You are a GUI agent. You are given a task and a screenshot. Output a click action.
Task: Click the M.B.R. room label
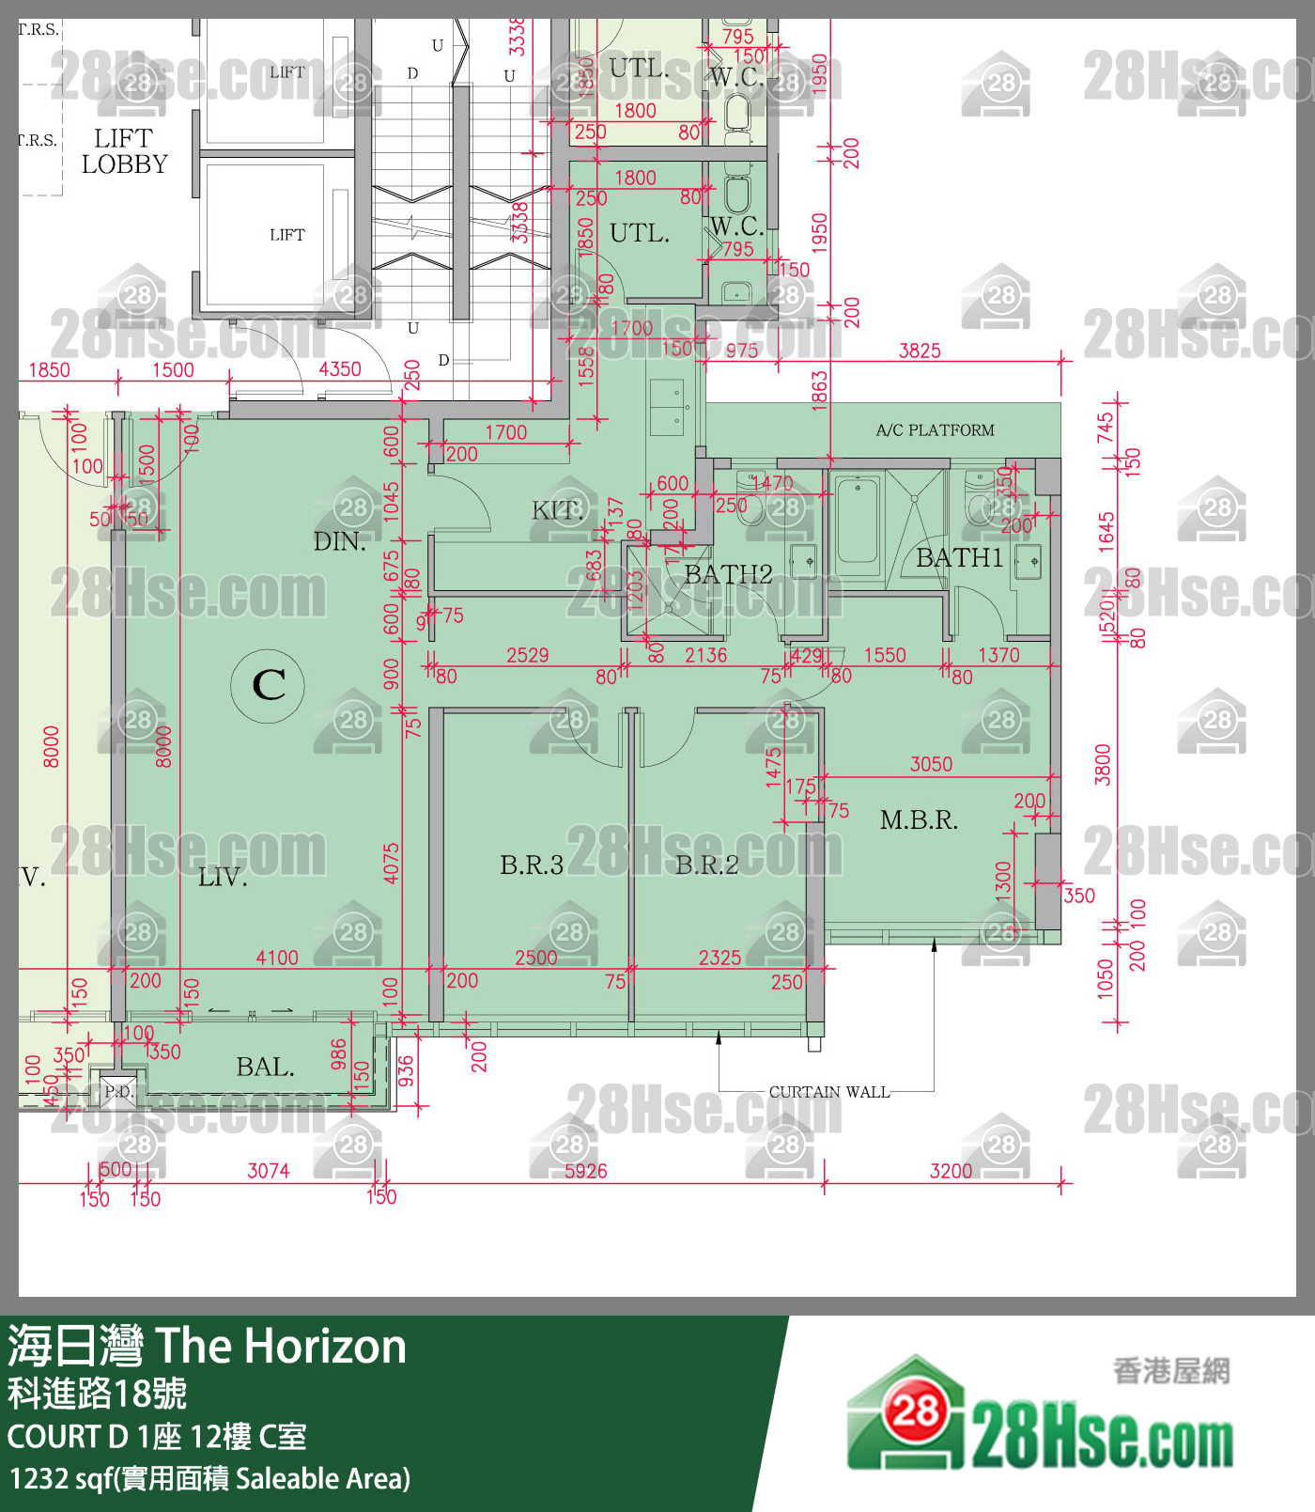coord(919,820)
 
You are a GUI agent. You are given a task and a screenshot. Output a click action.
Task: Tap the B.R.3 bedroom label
coord(532,865)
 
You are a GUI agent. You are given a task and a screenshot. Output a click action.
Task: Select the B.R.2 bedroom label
coord(707,865)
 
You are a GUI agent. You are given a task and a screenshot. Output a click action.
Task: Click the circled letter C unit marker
coord(269,685)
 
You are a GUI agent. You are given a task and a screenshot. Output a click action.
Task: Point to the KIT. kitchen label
coord(558,511)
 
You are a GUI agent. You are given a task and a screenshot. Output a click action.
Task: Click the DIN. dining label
coord(339,542)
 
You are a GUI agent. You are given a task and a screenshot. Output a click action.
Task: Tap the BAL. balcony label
coord(265,1068)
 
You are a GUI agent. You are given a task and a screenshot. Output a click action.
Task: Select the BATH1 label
coord(959,558)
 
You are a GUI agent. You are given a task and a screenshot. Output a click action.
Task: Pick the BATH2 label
coord(728,574)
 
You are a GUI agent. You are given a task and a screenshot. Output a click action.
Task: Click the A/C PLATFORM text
coord(935,430)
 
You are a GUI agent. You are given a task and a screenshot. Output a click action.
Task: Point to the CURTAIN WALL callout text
coord(828,1092)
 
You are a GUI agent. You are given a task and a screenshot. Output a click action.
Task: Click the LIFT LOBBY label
coord(124,151)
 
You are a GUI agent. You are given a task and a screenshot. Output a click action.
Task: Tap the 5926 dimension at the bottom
coord(585,1171)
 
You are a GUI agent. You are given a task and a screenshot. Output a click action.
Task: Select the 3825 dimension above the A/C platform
coord(920,351)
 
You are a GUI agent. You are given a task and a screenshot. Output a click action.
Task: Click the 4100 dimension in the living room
coord(277,958)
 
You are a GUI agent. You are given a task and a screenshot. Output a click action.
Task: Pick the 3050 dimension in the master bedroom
coord(931,764)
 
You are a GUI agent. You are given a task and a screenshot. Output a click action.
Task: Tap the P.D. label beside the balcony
coord(119,1091)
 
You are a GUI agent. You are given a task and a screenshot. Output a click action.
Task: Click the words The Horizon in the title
coord(281,1346)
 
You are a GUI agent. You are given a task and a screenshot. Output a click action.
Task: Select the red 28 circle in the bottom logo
coord(915,1411)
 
